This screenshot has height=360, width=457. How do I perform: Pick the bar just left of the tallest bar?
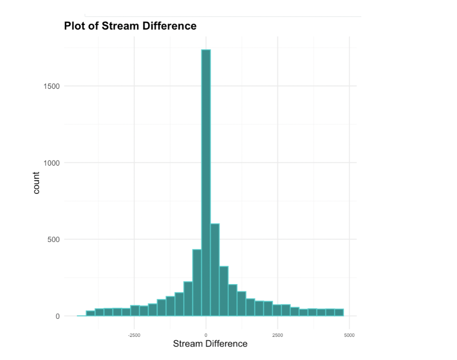click(197, 283)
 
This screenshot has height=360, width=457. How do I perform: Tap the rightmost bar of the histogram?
click(339, 312)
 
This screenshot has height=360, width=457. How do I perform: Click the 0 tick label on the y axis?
click(57, 317)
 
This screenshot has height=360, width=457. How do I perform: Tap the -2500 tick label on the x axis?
click(134, 335)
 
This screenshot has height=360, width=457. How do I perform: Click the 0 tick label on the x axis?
click(206, 335)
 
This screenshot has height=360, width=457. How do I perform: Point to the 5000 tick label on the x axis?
click(349, 335)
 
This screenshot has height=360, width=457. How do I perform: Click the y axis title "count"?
click(37, 183)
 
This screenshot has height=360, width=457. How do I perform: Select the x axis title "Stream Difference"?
click(210, 344)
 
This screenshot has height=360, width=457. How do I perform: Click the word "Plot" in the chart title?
click(74, 26)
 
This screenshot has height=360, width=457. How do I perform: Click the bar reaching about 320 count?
click(224, 291)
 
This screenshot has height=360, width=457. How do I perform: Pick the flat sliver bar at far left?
click(81, 316)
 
